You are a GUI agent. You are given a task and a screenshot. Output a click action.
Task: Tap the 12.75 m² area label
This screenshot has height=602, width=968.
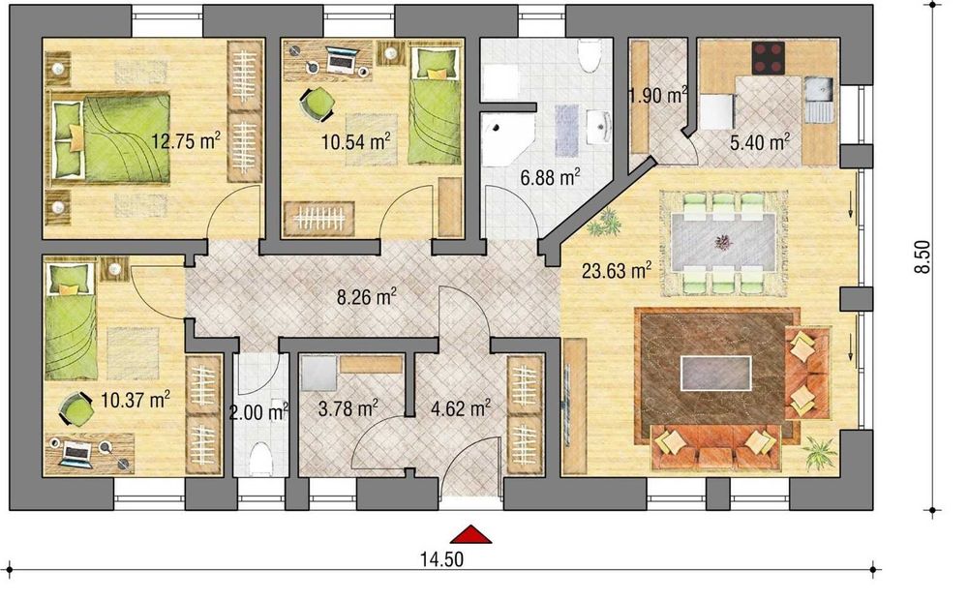tap(186, 140)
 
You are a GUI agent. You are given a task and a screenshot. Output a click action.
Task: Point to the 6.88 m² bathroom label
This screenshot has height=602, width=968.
tap(549, 176)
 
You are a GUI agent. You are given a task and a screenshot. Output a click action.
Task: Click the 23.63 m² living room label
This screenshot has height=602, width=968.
tap(615, 271)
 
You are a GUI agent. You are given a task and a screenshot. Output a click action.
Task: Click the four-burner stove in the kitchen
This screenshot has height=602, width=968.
tap(768, 58)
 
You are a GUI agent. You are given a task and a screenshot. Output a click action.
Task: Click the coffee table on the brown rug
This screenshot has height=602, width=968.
tap(716, 372)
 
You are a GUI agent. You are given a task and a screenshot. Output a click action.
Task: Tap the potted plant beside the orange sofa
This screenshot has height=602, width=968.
tap(818, 451)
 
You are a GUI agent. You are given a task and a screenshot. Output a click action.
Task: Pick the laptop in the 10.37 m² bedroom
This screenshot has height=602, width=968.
tap(75, 450)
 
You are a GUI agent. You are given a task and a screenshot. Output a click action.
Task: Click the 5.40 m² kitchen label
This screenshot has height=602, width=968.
tap(759, 142)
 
